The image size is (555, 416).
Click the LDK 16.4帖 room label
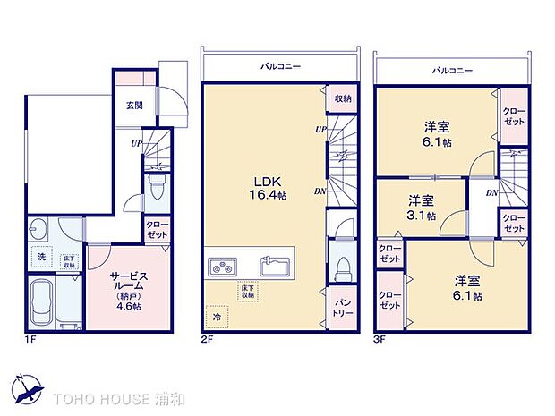click(266, 186)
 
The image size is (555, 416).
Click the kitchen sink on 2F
click(274, 266)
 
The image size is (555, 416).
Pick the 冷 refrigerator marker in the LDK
click(216, 317)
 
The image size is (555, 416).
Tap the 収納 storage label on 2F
click(342, 98)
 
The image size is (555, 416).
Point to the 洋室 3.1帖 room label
click(421, 207)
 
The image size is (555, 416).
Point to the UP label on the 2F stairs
click(320, 130)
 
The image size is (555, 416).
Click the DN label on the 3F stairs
click(491, 192)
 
